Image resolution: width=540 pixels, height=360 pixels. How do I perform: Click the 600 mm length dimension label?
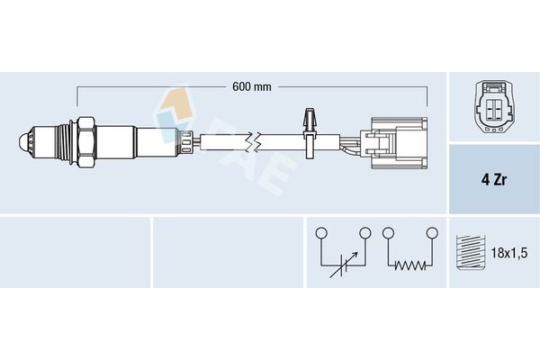tap(252, 86)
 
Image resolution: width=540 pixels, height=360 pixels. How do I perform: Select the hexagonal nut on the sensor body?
tap(86, 142)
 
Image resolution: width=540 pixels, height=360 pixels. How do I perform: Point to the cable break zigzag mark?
tap(253, 142)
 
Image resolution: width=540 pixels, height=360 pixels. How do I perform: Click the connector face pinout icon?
tap(494, 106)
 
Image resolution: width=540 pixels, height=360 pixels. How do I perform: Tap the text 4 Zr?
tap(494, 179)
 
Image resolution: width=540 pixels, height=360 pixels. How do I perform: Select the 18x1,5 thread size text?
tap(508, 253)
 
